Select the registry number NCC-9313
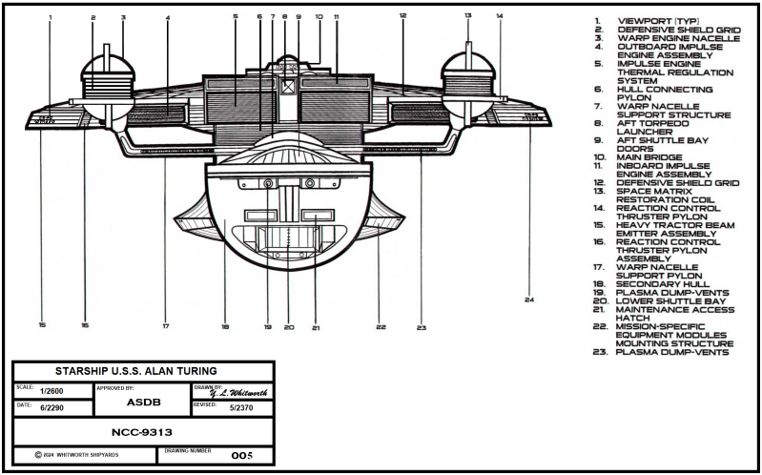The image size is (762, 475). click(x=140, y=432)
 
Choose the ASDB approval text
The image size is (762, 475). click(x=143, y=402)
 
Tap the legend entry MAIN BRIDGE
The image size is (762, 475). click(x=650, y=157)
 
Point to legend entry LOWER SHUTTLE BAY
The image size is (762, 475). click(x=669, y=300)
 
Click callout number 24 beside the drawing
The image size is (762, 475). click(x=527, y=300)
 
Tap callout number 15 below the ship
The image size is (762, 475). click(x=43, y=325)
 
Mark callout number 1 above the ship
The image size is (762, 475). click(x=51, y=18)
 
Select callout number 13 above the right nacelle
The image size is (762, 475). click(x=467, y=16)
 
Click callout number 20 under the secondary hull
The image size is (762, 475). click(x=289, y=327)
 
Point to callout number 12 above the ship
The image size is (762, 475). click(x=402, y=16)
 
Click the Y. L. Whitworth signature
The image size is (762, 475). click(x=237, y=392)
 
